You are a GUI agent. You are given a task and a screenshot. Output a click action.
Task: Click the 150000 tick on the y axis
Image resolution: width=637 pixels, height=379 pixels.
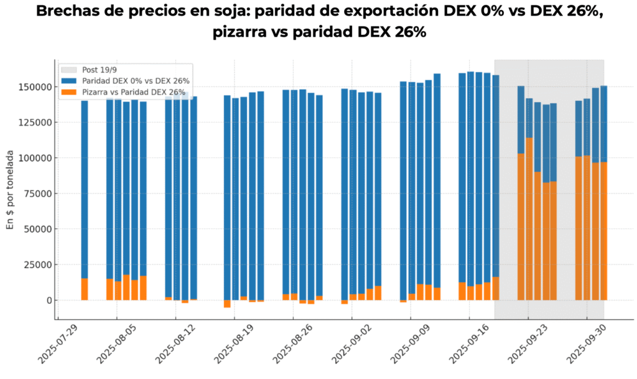click(x=34, y=87)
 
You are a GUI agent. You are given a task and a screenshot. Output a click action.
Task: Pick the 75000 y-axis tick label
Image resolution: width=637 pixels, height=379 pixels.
click(x=37, y=194)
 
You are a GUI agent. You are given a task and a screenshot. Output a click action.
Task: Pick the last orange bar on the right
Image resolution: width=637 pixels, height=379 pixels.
click(x=603, y=231)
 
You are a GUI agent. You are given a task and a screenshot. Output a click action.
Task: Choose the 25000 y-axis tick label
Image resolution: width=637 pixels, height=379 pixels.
click(x=37, y=264)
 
